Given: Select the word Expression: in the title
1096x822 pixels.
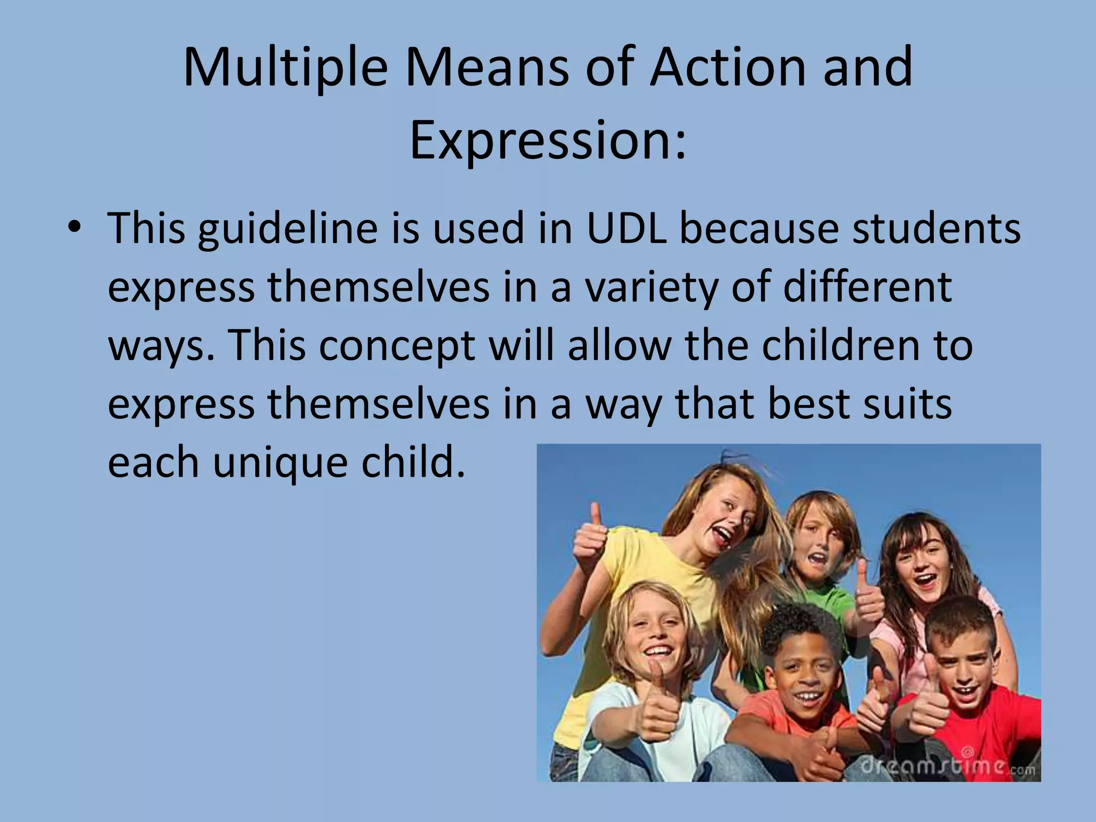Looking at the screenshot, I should pyautogui.click(x=547, y=140).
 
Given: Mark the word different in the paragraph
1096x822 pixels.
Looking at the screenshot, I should pyautogui.click(x=867, y=287).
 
